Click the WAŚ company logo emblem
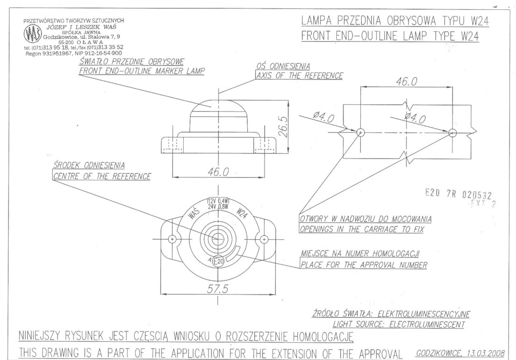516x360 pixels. tap(32, 35)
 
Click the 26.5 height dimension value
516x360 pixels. tap(283, 126)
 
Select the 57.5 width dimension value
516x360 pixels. tap(217, 288)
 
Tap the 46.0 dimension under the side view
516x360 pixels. tap(218, 172)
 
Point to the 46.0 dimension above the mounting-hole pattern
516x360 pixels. tap(407, 81)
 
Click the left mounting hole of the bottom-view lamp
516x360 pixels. tap(172, 239)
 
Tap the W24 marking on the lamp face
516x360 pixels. tap(242, 214)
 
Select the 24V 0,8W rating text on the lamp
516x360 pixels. tap(218, 207)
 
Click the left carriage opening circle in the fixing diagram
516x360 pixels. tap(361, 133)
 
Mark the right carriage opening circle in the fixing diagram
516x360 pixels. tap(452, 133)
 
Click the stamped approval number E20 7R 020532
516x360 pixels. tap(459, 194)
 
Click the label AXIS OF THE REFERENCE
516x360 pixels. tap(300, 76)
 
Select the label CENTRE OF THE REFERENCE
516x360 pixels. tap(102, 176)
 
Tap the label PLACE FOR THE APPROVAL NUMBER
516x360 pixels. tap(364, 265)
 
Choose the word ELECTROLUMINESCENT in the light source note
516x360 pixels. tap(427, 324)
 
